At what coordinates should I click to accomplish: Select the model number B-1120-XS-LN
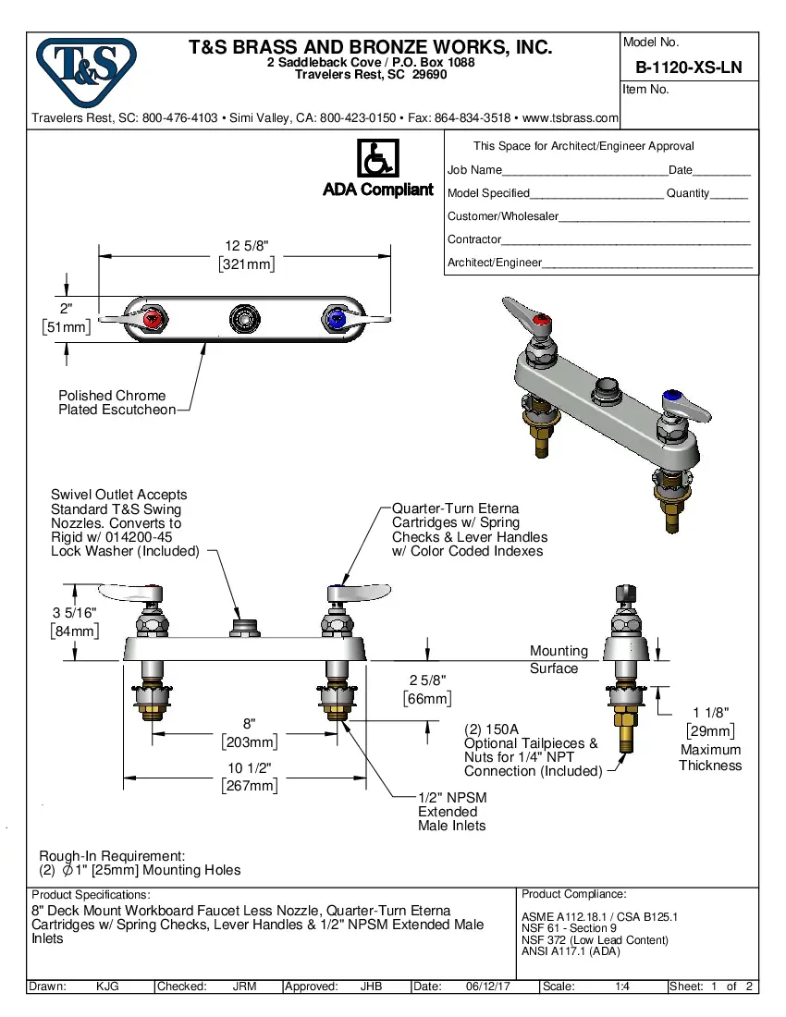point(688,67)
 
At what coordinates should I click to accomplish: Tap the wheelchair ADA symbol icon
point(377,158)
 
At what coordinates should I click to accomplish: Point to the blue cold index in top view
point(336,320)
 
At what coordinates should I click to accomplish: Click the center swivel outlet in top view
point(245,319)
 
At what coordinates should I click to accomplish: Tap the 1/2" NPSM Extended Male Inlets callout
point(452,811)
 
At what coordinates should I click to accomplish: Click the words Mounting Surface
point(558,659)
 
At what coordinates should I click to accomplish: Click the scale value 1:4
point(622,986)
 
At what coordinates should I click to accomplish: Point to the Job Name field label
point(474,170)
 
